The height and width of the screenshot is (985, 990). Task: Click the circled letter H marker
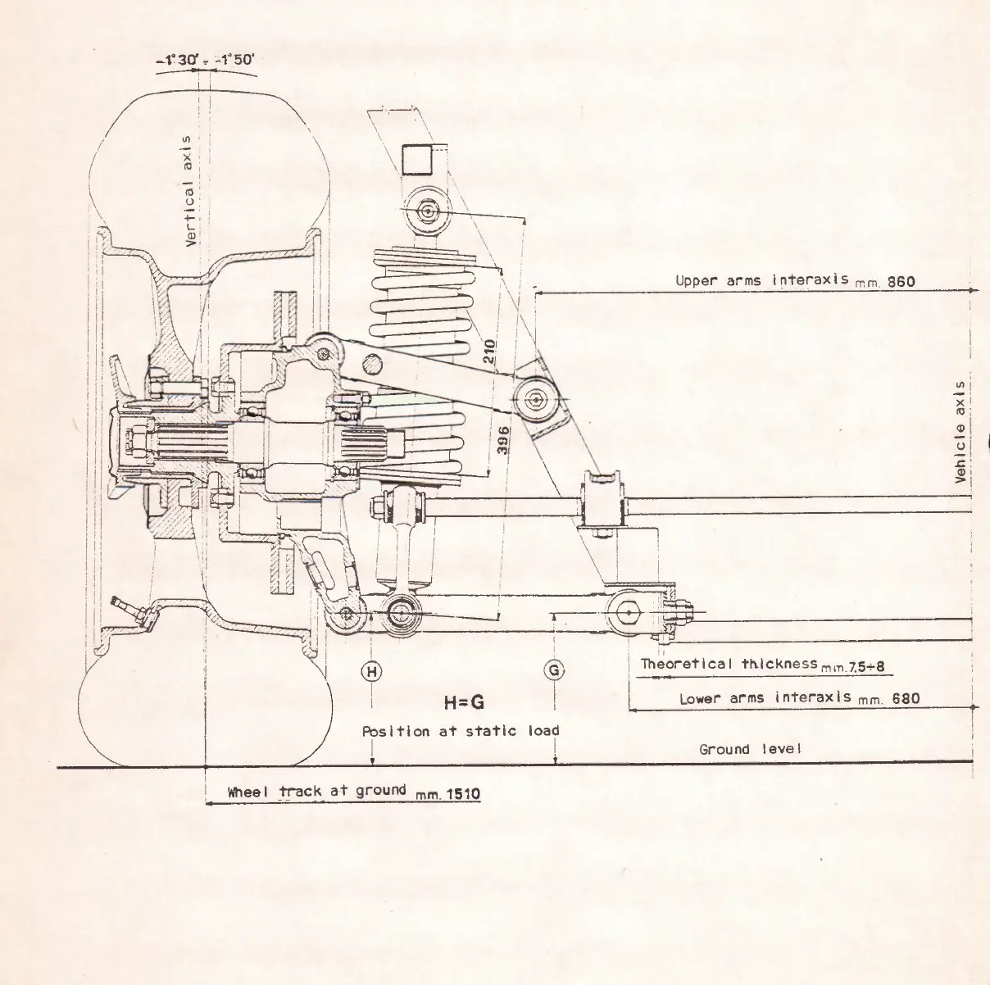click(371, 671)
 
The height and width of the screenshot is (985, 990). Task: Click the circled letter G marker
click(555, 671)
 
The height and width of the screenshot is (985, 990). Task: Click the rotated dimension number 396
click(503, 441)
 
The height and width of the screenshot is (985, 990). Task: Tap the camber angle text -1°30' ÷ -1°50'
click(205, 60)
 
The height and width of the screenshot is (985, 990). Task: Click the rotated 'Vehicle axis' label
click(961, 432)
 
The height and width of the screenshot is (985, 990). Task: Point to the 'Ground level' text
click(749, 749)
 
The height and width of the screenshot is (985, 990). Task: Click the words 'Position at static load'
click(461, 731)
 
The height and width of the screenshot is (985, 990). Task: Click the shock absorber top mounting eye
click(427, 211)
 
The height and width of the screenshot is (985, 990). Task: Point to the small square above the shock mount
click(418, 159)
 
